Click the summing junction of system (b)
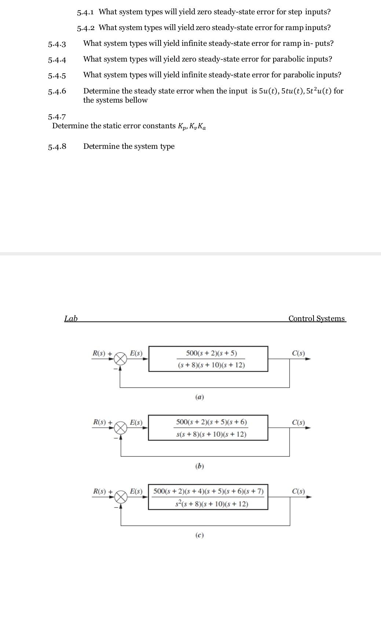pyautogui.click(x=121, y=428)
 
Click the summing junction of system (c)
pyautogui.click(x=121, y=497)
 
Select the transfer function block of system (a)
pyautogui.click(x=208, y=359)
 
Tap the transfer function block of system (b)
pyautogui.click(x=208, y=428)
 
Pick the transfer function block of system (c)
pyautogui.click(x=208, y=497)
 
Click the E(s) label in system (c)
pyautogui.click(x=136, y=491)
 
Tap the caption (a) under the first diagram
pyautogui.click(x=199, y=397)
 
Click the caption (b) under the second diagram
pyautogui.click(x=199, y=466)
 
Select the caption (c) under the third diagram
pyautogui.click(x=199, y=535)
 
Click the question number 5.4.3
pyautogui.click(x=57, y=44)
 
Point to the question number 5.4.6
pyautogui.click(x=57, y=91)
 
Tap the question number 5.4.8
pyautogui.click(x=57, y=147)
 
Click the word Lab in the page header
pyautogui.click(x=71, y=318)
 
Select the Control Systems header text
pyautogui.click(x=316, y=318)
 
